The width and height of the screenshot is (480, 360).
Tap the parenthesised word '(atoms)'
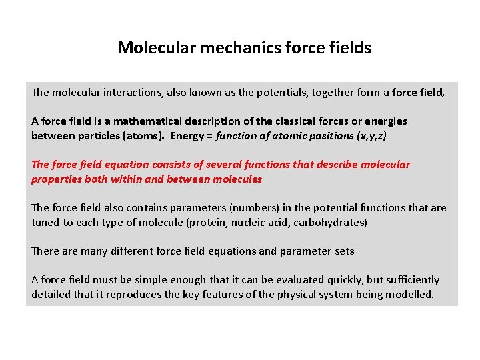tap(147, 136)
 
